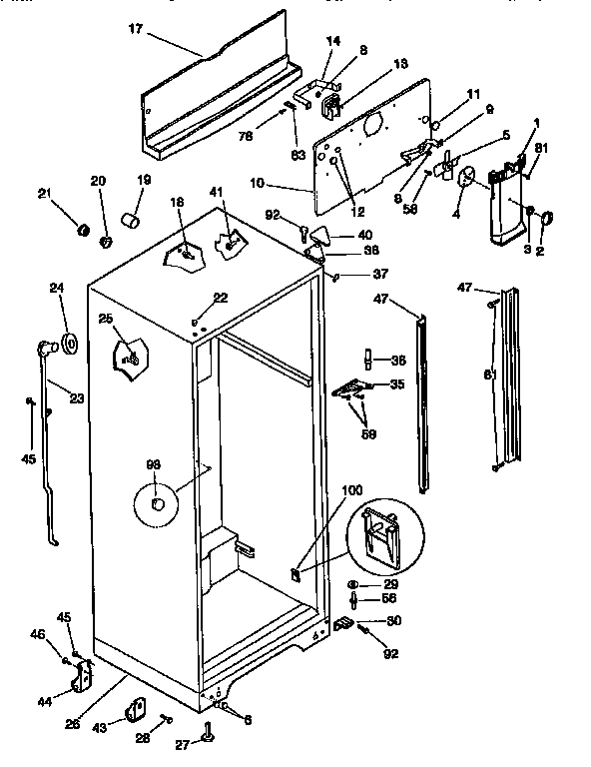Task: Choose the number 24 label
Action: coord(57,289)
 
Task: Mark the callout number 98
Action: coord(153,464)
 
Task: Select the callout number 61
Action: coord(489,375)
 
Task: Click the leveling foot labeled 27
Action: coord(209,735)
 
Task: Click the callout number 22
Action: coord(221,298)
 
